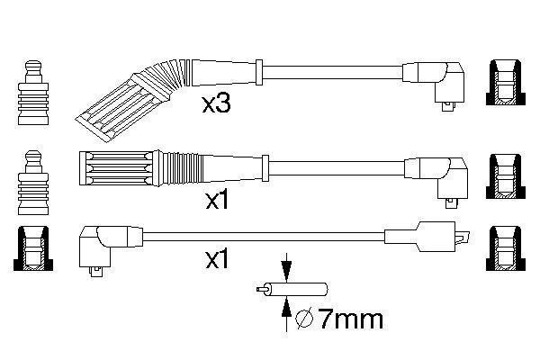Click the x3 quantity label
[217, 105]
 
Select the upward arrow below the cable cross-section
[286, 314]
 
